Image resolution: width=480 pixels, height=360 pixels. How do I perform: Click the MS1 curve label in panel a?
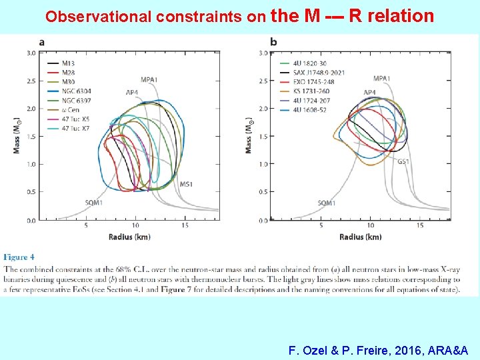tap(187, 184)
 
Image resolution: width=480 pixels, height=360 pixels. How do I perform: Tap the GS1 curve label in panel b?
tap(404, 161)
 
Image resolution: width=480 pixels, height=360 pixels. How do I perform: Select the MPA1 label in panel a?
tap(149, 80)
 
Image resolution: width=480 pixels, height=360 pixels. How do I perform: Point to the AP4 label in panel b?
tap(369, 92)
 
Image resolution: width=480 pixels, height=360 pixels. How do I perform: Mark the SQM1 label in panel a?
tap(94, 202)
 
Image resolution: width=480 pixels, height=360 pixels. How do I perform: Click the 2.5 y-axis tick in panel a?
tap(31, 81)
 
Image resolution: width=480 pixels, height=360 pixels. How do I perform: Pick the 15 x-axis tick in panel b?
tap(419, 225)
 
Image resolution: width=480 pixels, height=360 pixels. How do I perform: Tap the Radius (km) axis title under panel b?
tap(360, 237)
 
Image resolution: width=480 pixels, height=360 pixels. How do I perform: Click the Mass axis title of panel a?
tap(16, 136)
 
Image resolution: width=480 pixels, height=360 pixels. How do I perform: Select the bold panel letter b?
tap(273, 42)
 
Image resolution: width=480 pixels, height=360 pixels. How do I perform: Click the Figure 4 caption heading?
tap(20, 257)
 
